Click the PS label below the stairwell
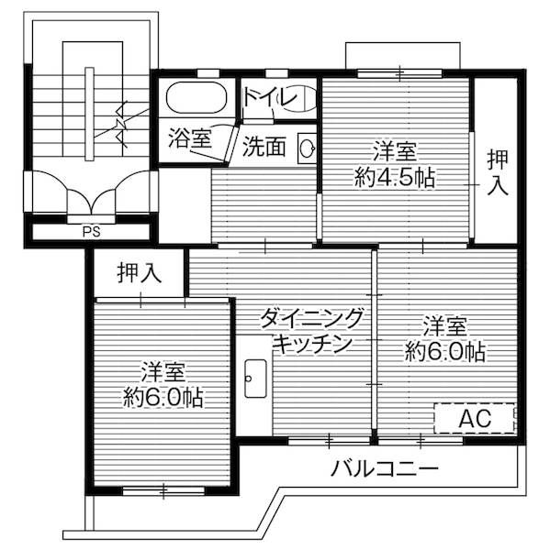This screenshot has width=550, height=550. coord(91,231)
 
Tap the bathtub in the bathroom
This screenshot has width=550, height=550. coord(195,99)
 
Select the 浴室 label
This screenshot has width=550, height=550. coord(189,139)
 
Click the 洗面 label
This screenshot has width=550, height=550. coord(264,147)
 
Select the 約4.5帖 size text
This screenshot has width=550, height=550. coord(394,178)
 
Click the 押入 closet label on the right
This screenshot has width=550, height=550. coord(497,171)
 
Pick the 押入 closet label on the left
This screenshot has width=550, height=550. coord(140,272)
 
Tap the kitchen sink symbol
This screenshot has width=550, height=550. coord(255,375)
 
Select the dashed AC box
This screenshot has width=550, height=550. coord(474,418)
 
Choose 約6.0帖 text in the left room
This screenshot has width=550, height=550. coord(163,398)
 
